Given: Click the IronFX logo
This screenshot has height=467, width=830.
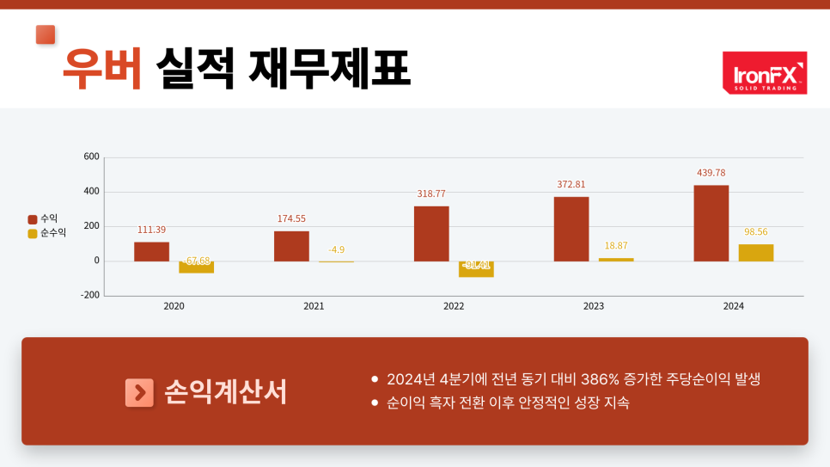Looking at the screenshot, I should [x=764, y=72].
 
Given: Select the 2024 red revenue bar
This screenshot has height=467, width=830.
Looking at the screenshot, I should [x=711, y=223].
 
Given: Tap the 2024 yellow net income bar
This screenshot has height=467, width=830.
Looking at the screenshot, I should [x=755, y=252].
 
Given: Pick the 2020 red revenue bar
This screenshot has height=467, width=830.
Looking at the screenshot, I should [x=151, y=251].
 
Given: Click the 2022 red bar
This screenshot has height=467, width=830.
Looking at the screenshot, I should [x=431, y=233].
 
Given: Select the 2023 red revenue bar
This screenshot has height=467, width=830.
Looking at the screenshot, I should [x=571, y=229].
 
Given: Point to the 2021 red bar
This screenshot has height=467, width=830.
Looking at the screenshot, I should [x=291, y=246].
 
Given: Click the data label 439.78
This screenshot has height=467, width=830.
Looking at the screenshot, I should [x=711, y=173].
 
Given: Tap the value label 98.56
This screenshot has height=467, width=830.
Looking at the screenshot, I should [x=755, y=232].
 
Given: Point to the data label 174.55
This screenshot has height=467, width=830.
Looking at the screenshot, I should [x=291, y=218].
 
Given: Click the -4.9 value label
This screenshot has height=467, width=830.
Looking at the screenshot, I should [x=336, y=249].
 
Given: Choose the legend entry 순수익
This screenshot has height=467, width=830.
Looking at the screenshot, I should [x=52, y=232].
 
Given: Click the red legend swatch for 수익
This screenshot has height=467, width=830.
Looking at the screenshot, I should [x=33, y=219].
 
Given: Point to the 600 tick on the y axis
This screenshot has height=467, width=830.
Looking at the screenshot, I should [x=92, y=157].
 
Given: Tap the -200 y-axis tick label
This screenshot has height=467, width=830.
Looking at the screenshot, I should [x=90, y=295].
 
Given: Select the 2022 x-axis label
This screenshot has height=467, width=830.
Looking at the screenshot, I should [x=454, y=306].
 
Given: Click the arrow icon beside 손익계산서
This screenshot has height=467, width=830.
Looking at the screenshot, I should [x=139, y=392].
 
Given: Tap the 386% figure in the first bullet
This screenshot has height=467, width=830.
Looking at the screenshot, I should [x=599, y=379].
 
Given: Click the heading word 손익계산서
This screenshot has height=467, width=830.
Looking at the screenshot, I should [x=225, y=392].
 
